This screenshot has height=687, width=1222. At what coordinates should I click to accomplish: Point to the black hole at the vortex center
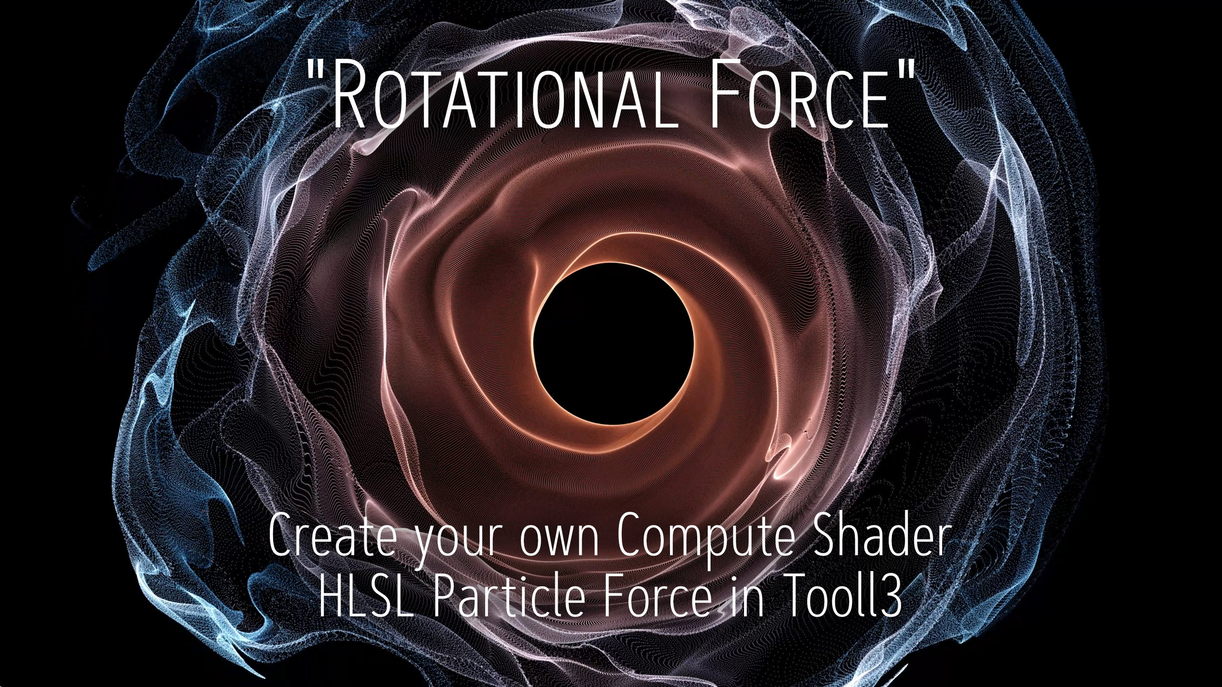coord(613,343)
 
